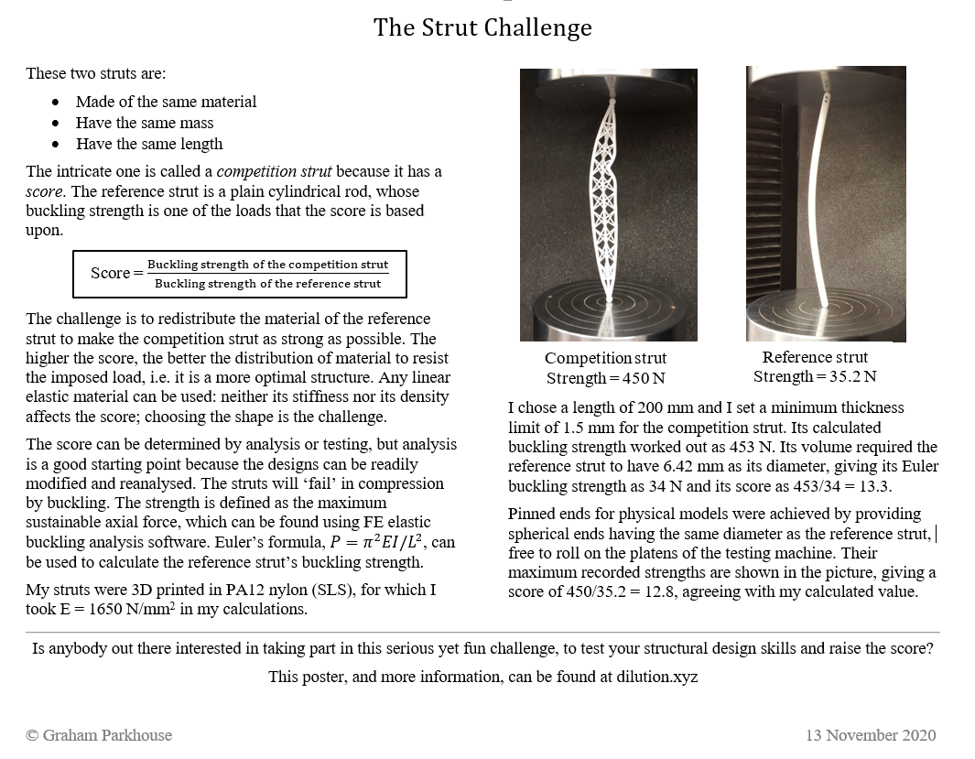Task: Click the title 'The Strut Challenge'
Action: (482, 27)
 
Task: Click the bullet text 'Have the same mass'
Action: (145, 123)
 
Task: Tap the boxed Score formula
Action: (239, 274)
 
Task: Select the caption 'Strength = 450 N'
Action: (605, 378)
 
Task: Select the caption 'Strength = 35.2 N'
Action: (815, 377)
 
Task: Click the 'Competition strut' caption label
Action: (605, 358)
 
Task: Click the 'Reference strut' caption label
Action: (815, 357)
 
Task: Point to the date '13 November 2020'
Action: (871, 735)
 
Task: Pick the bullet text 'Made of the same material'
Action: (166, 102)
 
